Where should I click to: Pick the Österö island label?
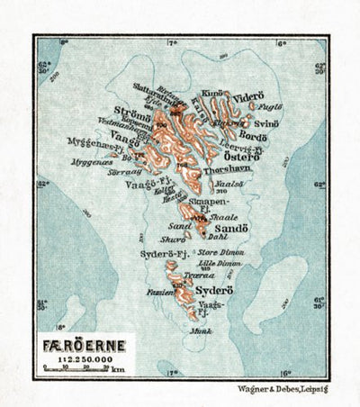pos(241,155)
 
